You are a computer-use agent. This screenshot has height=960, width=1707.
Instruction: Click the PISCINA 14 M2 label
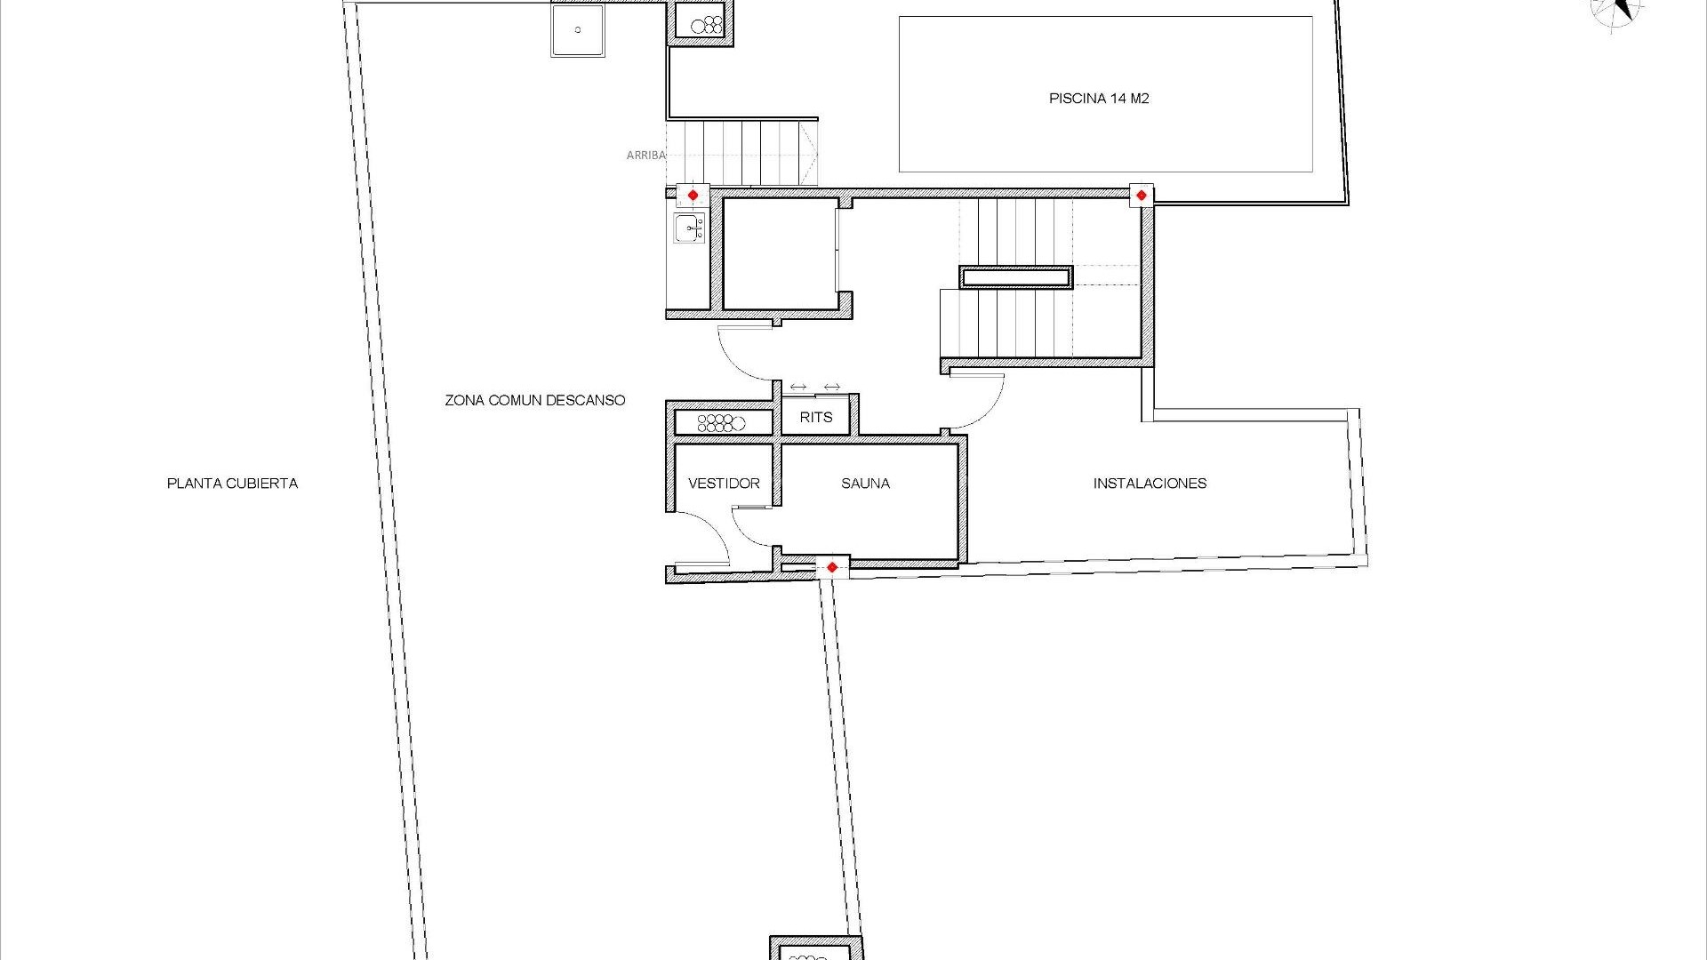[x=1099, y=99]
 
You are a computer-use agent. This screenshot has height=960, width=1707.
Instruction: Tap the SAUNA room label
[x=865, y=484]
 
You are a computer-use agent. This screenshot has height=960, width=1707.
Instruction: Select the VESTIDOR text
[x=724, y=484]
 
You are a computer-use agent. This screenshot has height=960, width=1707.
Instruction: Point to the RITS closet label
[x=816, y=417]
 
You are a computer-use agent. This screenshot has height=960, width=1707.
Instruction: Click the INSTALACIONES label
[x=1150, y=484]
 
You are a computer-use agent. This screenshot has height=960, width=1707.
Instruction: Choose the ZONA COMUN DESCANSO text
[x=535, y=400]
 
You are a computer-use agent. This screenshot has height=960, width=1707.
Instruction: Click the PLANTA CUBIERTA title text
[x=232, y=484]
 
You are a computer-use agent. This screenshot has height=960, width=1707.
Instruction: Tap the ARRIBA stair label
[x=645, y=156]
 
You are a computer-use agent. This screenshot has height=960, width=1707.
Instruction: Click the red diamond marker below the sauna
[x=832, y=567]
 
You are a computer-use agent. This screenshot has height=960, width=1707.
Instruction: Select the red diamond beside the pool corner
[x=1142, y=195]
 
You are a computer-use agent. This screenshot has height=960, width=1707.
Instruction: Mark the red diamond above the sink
[x=693, y=195]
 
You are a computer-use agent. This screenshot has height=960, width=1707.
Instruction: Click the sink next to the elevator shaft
[x=689, y=228]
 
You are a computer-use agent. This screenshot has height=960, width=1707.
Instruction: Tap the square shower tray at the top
[x=578, y=30]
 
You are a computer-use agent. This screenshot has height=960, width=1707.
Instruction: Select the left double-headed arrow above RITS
[x=798, y=387]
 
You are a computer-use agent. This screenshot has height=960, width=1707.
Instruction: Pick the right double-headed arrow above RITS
[x=832, y=387]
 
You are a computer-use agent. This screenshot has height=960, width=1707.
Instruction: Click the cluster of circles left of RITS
[x=721, y=422]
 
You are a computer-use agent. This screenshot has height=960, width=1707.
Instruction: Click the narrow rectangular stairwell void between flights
[x=1016, y=278]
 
